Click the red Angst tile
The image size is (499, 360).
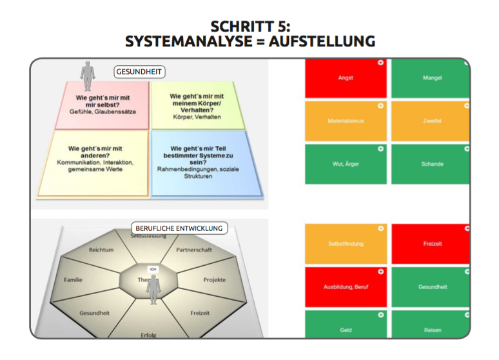(346, 78)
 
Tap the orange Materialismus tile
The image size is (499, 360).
(346, 121)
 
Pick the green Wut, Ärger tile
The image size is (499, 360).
(346, 164)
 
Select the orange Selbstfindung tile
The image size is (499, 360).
(346, 244)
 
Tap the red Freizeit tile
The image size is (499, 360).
(432, 244)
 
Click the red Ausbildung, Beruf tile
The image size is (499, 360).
(346, 287)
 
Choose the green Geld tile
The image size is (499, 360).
(346, 330)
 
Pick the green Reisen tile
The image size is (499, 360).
(432, 330)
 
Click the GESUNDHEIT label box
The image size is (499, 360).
(138, 71)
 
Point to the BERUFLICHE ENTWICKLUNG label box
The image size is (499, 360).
(179, 228)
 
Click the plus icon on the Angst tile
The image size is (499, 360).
(380, 63)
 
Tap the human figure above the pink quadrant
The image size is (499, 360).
(88, 75)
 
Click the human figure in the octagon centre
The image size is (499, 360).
(153, 289)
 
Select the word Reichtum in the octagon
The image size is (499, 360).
(101, 249)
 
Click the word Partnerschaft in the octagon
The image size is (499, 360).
(194, 249)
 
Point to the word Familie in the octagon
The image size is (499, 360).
(73, 280)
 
